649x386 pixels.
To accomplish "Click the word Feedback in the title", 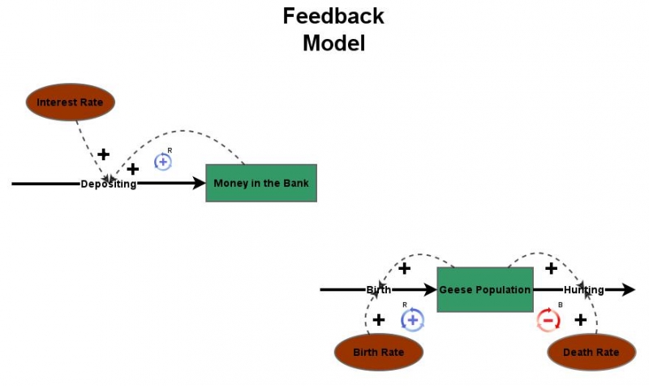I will [333, 15].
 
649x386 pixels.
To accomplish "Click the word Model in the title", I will [333, 43].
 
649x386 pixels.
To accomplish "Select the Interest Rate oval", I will [71, 102].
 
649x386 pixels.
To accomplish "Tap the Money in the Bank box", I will [260, 183].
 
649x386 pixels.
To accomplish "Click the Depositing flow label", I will [109, 184].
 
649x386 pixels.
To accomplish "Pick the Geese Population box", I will [484, 289].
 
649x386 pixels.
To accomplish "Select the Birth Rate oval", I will [379, 352].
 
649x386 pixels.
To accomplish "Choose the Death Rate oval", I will [591, 352].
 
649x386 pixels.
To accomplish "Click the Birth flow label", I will [378, 290].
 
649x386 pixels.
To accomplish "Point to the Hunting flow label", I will [583, 290].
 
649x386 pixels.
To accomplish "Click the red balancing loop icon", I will [548, 320].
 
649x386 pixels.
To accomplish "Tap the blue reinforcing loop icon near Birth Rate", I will [412, 319].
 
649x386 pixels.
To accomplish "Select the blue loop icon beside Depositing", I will [163, 162].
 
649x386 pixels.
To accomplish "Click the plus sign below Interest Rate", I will [103, 154].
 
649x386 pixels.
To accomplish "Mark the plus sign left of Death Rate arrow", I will [580, 319].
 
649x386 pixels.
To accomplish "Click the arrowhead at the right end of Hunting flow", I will [629, 289].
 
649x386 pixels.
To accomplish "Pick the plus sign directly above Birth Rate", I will [378, 319].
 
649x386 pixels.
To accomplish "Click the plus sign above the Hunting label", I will [551, 267].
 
